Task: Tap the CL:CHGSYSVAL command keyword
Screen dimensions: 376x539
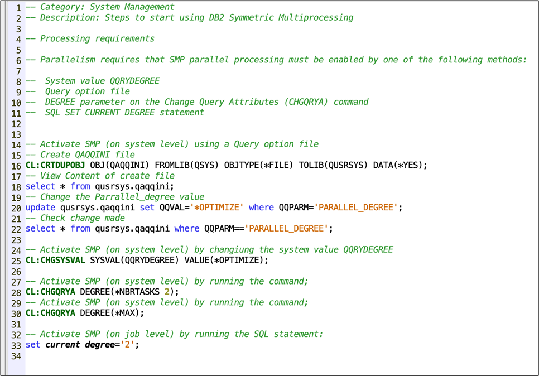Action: coord(55,261)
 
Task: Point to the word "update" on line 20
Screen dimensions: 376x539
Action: coord(40,208)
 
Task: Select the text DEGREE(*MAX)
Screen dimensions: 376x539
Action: coord(112,313)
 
